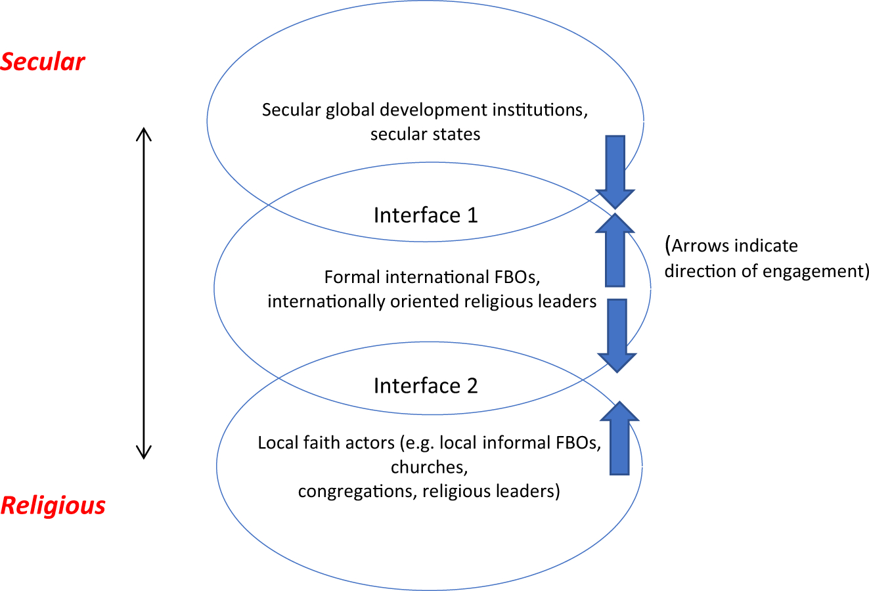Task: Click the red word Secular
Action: pyautogui.click(x=42, y=62)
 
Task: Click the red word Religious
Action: pyautogui.click(x=53, y=506)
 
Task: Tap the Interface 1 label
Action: pyautogui.click(x=426, y=215)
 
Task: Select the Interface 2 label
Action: pyautogui.click(x=426, y=386)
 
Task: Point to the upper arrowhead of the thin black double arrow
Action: pyautogui.click(x=144, y=128)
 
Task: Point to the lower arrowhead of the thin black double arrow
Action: pyautogui.click(x=144, y=459)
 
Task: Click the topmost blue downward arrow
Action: pyautogui.click(x=615, y=172)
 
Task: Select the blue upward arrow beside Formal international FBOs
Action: pyautogui.click(x=615, y=250)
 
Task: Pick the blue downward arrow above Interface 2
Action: pyautogui.click(x=617, y=336)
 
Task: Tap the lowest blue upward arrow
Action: pyautogui.click(x=619, y=438)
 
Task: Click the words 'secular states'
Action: pyautogui.click(x=425, y=134)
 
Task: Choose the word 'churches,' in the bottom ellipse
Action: pyautogui.click(x=429, y=467)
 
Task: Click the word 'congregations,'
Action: pyautogui.click(x=357, y=492)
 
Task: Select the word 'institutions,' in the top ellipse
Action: pyautogui.click(x=540, y=110)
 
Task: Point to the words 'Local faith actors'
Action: pyautogui.click(x=326, y=443)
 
